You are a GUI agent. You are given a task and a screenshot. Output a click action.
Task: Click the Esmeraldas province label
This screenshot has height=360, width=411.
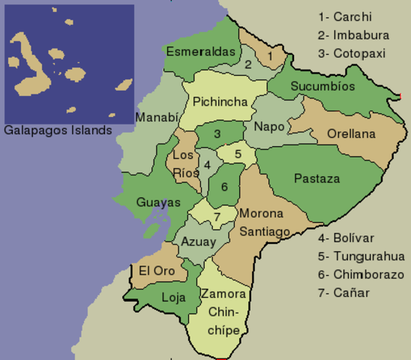[199, 52]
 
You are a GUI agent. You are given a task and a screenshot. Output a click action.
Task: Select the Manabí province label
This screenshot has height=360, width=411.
[157, 117]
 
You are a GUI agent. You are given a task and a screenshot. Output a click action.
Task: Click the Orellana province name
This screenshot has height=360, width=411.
[350, 134]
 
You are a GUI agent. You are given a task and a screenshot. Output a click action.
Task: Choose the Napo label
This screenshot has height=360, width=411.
[269, 126]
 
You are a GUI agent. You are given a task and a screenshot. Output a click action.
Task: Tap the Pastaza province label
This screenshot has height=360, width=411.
[316, 178]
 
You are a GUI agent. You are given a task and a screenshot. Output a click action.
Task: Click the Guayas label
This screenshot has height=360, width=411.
[158, 202]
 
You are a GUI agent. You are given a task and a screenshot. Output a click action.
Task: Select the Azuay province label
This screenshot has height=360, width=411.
[199, 241]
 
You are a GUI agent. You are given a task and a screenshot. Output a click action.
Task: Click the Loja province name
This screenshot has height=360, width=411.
[173, 297]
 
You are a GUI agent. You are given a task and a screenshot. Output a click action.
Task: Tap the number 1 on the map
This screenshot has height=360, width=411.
[269, 55]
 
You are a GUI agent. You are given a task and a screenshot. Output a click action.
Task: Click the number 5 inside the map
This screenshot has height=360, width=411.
[238, 154]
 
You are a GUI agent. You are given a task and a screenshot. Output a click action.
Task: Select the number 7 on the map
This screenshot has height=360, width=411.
[216, 217]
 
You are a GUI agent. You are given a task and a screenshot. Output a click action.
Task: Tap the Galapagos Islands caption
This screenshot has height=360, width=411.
[58, 130]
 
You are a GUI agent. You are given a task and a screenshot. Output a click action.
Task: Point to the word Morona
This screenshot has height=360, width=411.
[260, 214]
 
